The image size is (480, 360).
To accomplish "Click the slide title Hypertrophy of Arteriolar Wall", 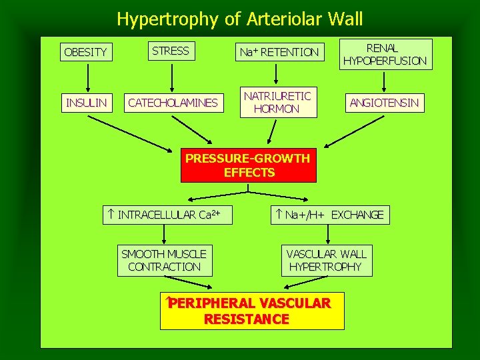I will pos(240,19).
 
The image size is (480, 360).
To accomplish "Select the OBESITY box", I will pos(85,51).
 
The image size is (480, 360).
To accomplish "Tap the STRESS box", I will pos(171,50).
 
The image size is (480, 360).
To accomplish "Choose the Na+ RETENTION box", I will pos(280,51).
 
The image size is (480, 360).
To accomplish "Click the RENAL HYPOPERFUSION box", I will pos(385,54).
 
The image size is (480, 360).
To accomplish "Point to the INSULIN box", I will pos(85,103).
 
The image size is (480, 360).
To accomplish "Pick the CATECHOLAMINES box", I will pos(173,103).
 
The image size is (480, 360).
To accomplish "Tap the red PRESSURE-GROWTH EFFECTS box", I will pos(248,165).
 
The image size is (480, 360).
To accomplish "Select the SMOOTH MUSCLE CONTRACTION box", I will pos(164,260).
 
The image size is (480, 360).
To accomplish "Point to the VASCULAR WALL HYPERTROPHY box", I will pos(327,260).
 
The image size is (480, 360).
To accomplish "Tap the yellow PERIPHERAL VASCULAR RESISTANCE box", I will pos(252,311).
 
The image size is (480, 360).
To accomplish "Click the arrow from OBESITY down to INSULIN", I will pos(85,77).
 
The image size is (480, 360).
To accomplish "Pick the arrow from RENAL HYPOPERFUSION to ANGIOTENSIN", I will pos(385,81).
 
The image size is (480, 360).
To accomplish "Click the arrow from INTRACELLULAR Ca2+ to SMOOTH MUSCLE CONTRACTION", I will pos(165,234).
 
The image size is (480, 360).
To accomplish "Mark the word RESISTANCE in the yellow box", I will pos(247,319).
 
